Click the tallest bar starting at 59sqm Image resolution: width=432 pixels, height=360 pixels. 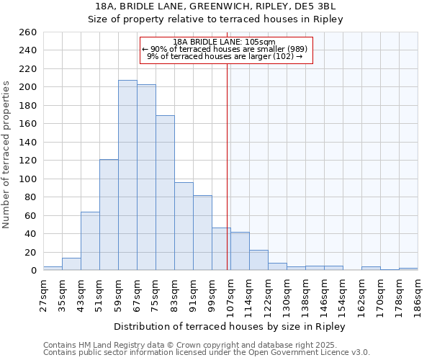click(127, 175)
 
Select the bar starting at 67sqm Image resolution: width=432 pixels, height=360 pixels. click(146, 177)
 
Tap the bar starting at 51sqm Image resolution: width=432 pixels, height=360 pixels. click(109, 215)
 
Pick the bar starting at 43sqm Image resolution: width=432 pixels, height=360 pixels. click(90, 241)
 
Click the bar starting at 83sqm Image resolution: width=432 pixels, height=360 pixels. click(184, 226)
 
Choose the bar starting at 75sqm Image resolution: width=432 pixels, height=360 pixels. click(165, 193)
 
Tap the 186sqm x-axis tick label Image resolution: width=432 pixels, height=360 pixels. click(418, 294)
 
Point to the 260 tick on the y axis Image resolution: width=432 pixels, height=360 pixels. click(28, 32)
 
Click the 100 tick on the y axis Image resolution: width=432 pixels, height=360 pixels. click(28, 179)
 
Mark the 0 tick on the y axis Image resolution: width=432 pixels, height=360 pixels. click(33, 271)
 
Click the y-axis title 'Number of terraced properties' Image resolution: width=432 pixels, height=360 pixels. click(7, 155)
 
